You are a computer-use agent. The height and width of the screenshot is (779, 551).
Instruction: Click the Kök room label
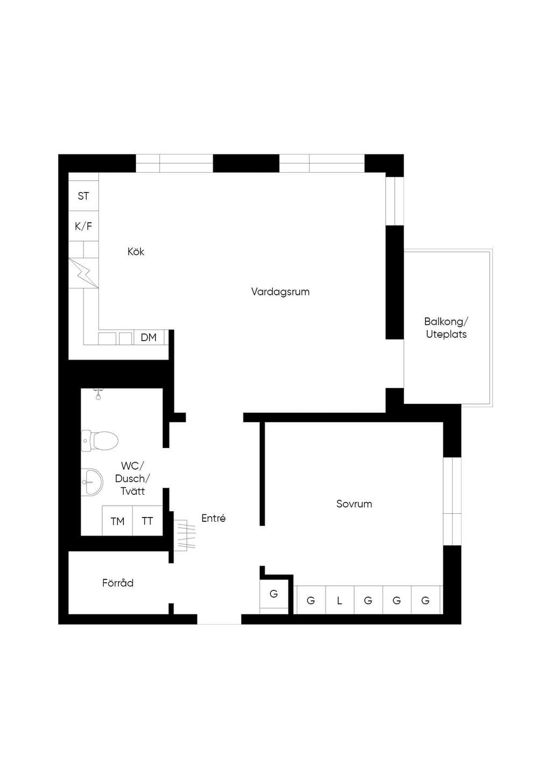point(136,251)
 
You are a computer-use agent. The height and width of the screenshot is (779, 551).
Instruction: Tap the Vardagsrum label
point(280,292)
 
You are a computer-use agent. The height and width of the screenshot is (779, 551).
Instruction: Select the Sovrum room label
point(354,504)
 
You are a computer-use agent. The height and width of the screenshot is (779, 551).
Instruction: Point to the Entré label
point(213,518)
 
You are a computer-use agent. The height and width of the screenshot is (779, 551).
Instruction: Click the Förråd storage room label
point(118,583)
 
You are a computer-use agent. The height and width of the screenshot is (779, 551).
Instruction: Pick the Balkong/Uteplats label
point(446,328)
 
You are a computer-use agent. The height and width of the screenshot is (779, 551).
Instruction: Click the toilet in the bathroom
point(100,441)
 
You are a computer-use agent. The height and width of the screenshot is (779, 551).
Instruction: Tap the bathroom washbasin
point(92,482)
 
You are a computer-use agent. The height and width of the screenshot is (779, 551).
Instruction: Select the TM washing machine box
point(117,521)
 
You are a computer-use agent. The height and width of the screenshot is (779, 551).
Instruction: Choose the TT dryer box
point(147,521)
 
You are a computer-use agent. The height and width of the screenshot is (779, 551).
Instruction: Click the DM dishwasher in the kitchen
point(149,337)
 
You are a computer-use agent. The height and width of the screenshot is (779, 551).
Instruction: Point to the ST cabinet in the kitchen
point(83,196)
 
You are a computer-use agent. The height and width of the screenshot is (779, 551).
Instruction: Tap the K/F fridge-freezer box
point(83,226)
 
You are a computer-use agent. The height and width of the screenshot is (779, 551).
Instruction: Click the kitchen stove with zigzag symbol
point(83,273)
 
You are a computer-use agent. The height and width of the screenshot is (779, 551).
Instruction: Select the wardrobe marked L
point(340,600)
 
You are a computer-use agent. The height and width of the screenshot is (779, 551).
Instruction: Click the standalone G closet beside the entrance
point(274,593)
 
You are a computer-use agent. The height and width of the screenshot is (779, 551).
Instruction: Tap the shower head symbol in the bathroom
point(98,394)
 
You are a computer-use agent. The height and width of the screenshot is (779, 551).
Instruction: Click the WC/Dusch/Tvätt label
point(132,478)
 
